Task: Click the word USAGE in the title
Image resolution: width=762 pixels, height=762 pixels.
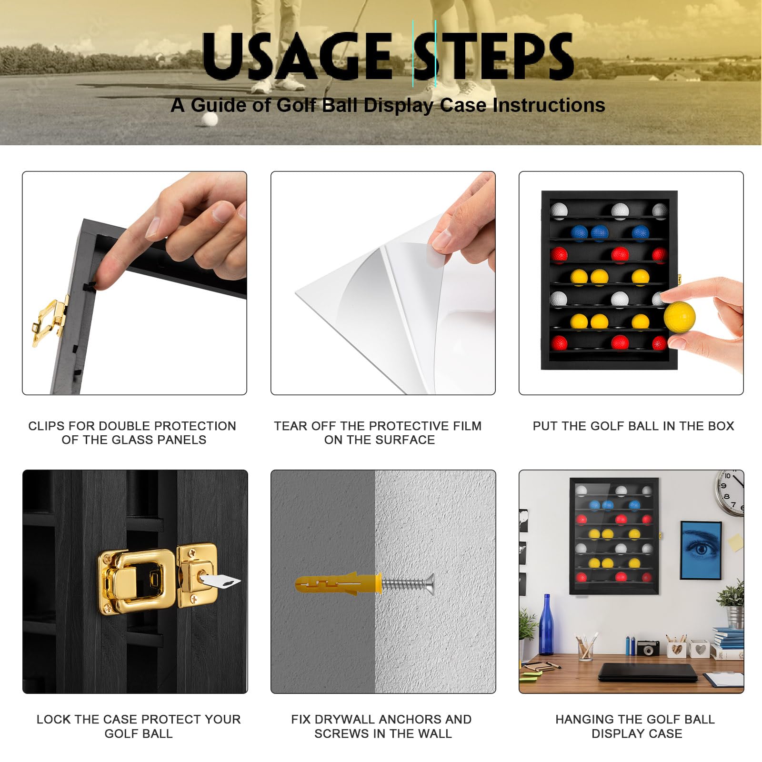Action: click(297, 56)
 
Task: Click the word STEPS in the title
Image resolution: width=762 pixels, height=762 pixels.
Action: click(493, 56)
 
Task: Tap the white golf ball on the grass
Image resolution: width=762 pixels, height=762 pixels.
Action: click(209, 119)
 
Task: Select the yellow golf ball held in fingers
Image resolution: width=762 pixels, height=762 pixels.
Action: click(680, 316)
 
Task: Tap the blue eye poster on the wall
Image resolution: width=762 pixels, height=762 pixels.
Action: click(701, 550)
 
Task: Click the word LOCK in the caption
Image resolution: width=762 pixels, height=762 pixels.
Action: click(52, 719)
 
